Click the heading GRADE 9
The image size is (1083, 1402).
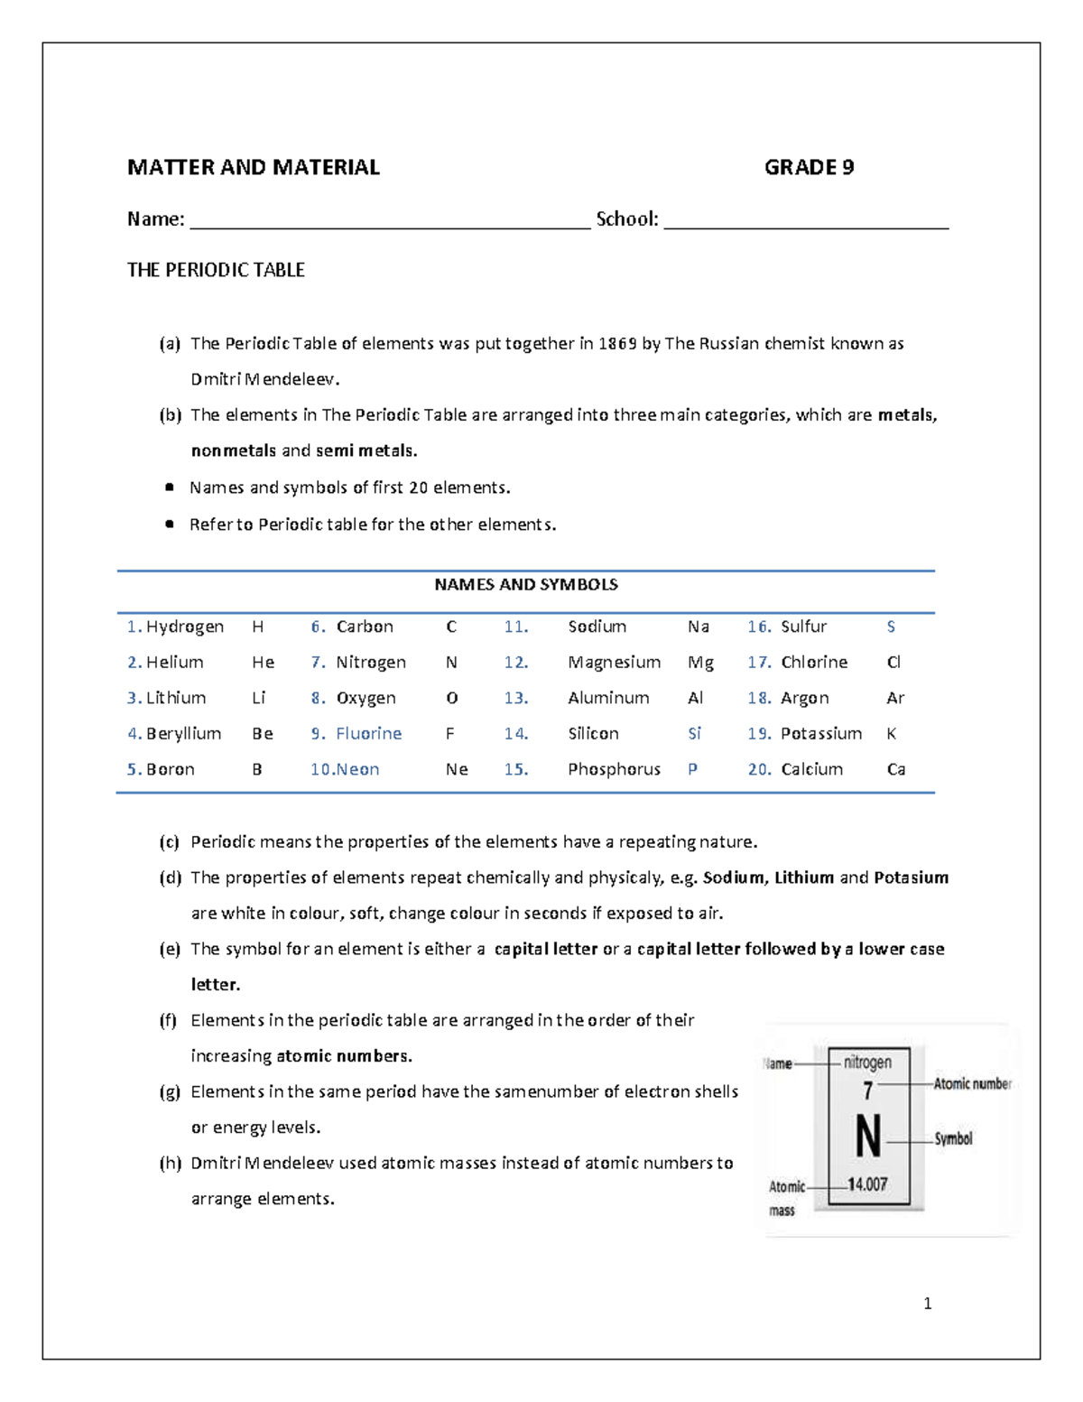(x=809, y=167)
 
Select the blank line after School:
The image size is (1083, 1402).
(x=806, y=226)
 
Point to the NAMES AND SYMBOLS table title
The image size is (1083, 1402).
(x=525, y=584)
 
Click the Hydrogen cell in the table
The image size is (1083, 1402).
(x=184, y=627)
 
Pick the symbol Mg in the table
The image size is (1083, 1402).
(x=700, y=663)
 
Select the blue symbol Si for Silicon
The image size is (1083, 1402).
(x=694, y=734)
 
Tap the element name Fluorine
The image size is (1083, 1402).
(x=368, y=734)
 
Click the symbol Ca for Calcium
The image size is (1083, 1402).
(x=896, y=769)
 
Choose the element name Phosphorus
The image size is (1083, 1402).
(x=614, y=769)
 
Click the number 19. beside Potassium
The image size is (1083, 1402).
(x=759, y=734)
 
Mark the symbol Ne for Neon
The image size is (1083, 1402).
(x=457, y=769)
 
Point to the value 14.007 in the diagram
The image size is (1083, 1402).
(x=867, y=1184)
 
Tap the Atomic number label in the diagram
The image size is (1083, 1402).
(x=972, y=1083)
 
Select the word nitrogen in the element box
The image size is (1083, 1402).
(x=867, y=1063)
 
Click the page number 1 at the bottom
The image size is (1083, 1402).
(x=928, y=1303)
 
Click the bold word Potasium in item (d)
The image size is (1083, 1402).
(x=911, y=877)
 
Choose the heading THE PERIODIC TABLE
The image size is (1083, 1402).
(x=216, y=270)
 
